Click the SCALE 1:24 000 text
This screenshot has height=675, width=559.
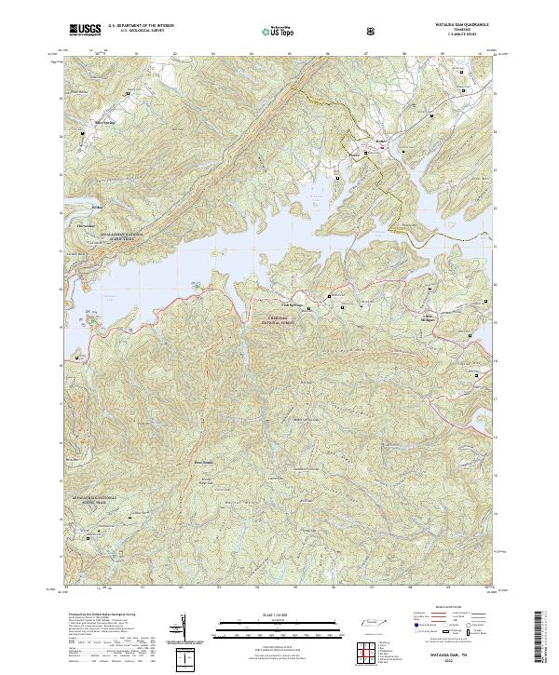[266, 614]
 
